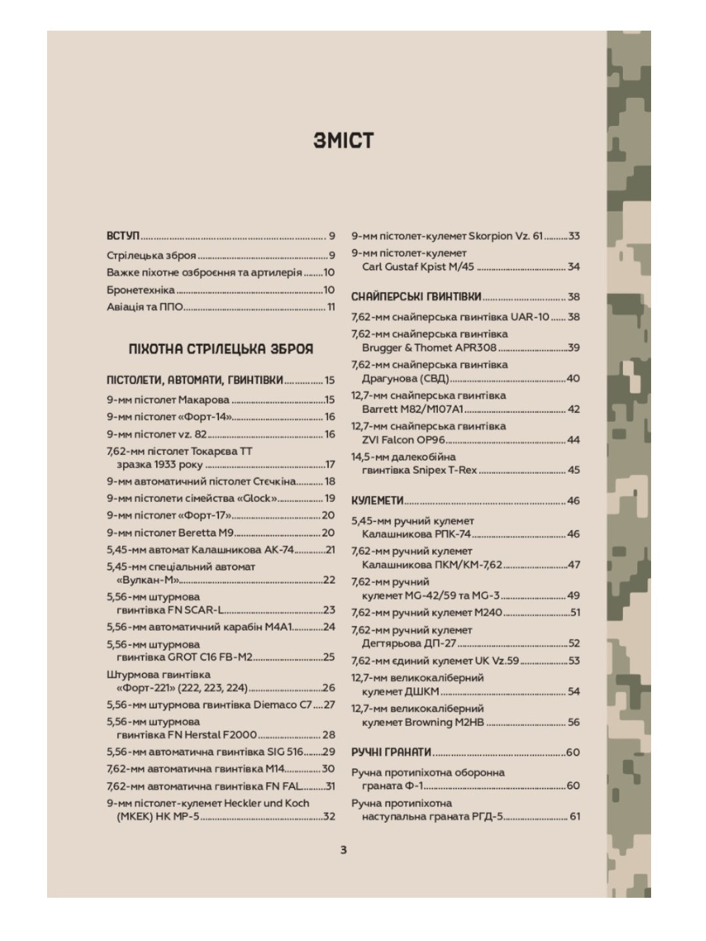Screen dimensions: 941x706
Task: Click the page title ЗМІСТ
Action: pos(343,141)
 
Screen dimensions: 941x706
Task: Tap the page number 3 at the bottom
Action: pos(344,850)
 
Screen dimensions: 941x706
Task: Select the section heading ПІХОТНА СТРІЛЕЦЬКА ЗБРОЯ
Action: pos(221,349)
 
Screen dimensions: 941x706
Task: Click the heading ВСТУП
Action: pos(123,235)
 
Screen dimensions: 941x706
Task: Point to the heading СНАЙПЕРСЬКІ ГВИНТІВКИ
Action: pos(416,297)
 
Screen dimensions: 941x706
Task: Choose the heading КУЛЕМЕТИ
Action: pos(377,501)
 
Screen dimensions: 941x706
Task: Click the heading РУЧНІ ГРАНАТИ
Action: pos(391,752)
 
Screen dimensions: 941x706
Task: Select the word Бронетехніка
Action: pos(141,289)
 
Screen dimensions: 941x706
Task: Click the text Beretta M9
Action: pos(206,533)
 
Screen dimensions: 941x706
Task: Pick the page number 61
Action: pos(575,817)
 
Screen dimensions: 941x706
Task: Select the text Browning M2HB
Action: pos(443,722)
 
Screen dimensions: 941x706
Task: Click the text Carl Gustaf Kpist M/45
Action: pos(418,267)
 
